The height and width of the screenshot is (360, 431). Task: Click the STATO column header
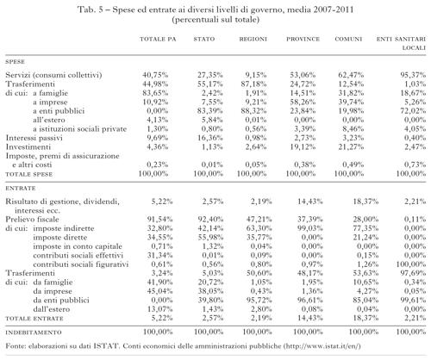204,39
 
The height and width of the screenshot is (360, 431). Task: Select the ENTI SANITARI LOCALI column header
401,43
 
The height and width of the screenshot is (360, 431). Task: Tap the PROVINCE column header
303,39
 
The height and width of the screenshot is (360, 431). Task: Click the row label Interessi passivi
34,138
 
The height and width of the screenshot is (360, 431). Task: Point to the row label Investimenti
28,146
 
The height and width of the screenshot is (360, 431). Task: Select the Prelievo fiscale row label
32,220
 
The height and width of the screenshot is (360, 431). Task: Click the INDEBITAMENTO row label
34,332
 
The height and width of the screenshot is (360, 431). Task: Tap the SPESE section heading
16,62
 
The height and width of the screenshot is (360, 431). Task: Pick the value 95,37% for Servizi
413,75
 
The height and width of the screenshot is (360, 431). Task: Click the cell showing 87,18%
253,84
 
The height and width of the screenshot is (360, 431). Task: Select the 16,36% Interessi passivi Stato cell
210,138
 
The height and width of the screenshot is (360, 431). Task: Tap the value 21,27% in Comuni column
351,146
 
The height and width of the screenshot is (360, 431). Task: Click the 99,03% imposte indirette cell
310,228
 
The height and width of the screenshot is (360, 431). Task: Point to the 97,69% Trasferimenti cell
413,273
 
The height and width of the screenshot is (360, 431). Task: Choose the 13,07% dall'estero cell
159,309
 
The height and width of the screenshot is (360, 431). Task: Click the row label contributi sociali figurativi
80,264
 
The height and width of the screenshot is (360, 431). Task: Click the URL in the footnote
323,346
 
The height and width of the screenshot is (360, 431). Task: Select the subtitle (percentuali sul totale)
215,20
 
